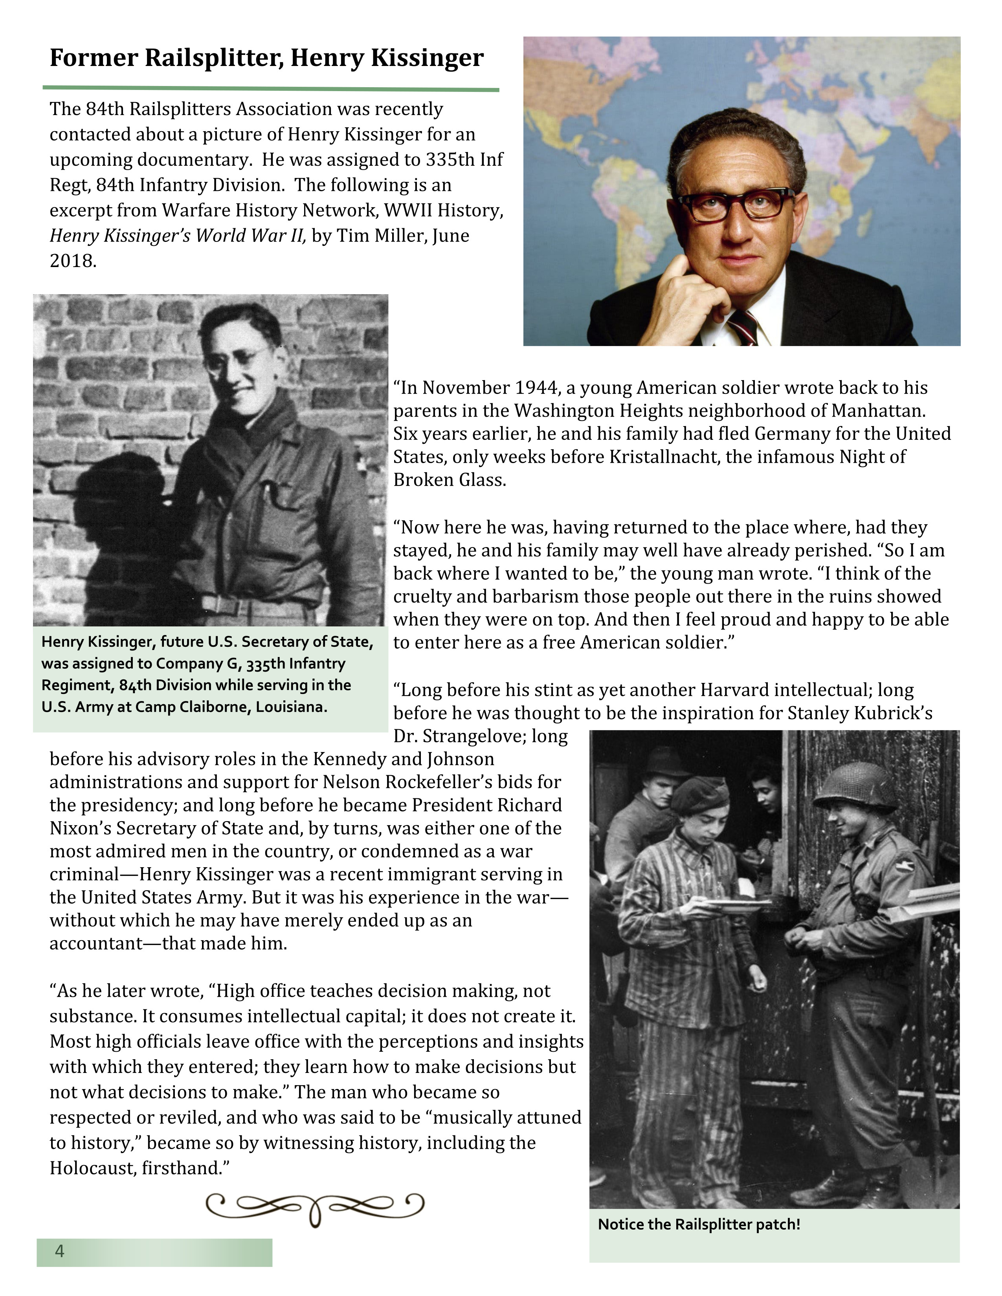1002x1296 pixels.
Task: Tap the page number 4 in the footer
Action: pos(59,1252)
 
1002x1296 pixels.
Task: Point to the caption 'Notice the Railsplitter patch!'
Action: pos(699,1224)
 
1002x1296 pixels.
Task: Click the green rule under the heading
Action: pos(271,89)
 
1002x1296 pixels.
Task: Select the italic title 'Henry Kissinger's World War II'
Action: pos(178,236)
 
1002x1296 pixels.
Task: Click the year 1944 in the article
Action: pos(537,388)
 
